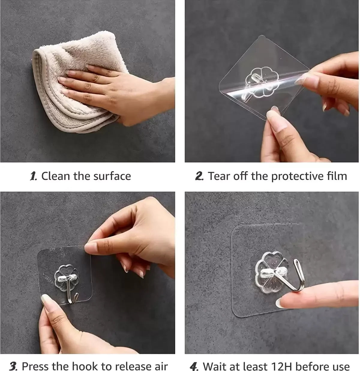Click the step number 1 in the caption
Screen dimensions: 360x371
33,176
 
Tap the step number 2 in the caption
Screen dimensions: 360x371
199,176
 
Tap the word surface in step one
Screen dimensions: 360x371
112,176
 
